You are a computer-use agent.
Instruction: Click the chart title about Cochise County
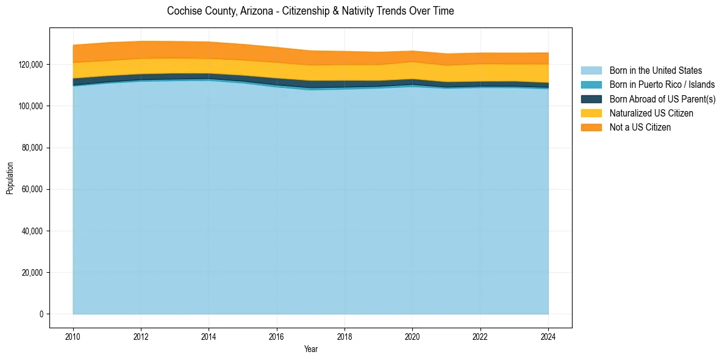[310, 11]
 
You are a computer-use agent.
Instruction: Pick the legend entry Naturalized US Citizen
[651, 113]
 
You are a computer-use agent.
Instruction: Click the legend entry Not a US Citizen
[640, 127]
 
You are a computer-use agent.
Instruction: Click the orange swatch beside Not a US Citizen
[591, 127]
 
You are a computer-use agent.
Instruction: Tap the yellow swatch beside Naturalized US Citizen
[591, 113]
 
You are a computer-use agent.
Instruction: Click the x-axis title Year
[310, 349]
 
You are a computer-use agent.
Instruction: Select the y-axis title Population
[10, 178]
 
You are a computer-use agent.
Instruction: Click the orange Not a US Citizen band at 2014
[209, 50]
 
